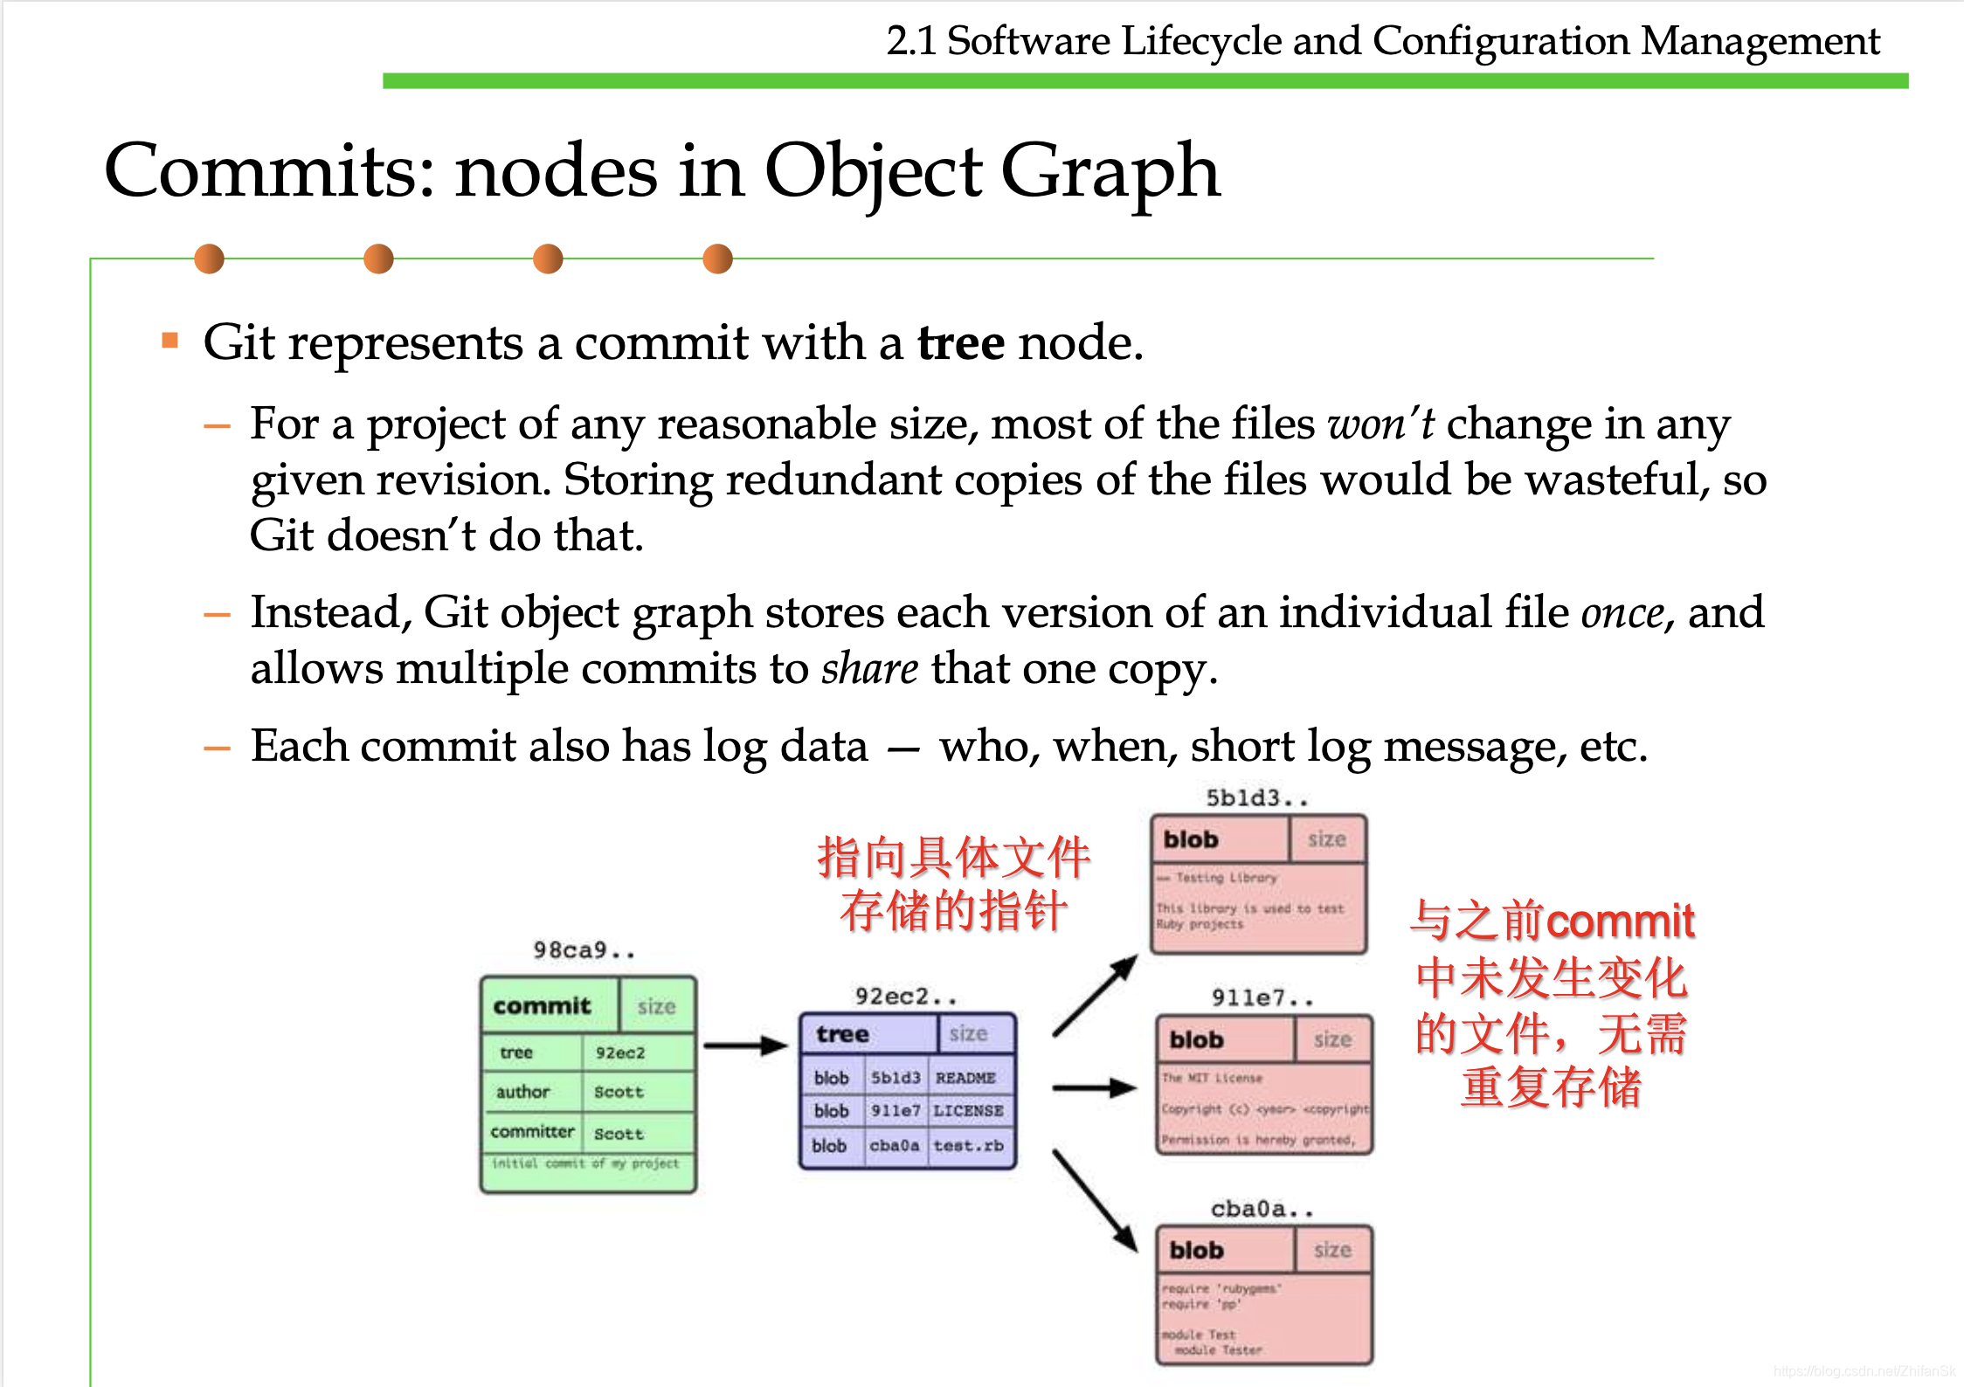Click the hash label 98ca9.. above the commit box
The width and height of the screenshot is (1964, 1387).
coord(584,949)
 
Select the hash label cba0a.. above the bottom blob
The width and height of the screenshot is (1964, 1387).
coord(1262,1209)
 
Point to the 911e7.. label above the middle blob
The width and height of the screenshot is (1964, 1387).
coord(1262,997)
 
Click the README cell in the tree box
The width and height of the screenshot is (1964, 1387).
coord(965,1078)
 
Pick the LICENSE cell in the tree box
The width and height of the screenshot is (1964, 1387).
coord(968,1111)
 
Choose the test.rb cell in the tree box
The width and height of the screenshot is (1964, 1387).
coord(968,1145)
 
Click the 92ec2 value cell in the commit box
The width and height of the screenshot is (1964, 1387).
coord(620,1052)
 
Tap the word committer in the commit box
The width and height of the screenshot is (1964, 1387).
coord(532,1132)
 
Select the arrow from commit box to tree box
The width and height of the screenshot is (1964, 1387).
coord(745,1045)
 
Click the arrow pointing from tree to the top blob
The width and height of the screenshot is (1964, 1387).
coord(1095,996)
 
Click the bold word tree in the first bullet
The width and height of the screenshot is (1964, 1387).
coord(960,342)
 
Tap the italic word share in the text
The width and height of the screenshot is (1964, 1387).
coord(869,669)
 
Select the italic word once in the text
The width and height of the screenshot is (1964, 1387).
coord(1622,613)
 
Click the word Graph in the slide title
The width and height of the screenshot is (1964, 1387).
coord(1110,172)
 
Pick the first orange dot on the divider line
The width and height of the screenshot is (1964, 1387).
coord(209,259)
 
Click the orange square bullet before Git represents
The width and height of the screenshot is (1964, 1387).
coord(170,340)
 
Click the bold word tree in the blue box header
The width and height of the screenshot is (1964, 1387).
coord(842,1034)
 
